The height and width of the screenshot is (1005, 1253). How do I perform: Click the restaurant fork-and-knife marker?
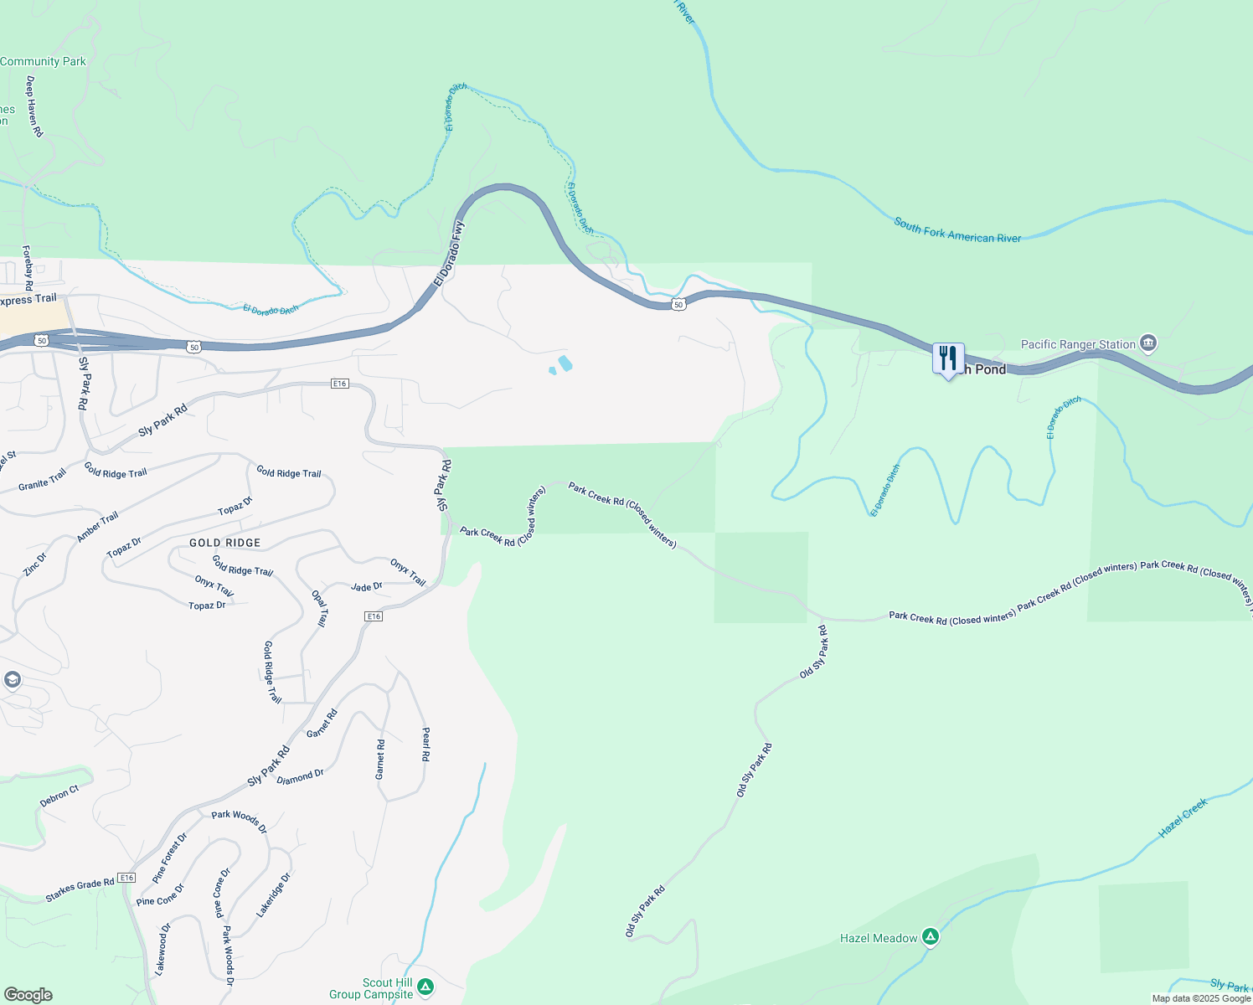[948, 359]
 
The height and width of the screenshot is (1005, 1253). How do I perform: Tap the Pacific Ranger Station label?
[1078, 344]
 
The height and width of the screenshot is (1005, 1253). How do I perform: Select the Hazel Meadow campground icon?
[930, 937]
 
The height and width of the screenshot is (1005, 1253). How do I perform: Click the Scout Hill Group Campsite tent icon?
[425, 987]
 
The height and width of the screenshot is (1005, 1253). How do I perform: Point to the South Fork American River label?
[957, 231]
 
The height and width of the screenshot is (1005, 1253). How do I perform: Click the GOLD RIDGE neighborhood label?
[224, 543]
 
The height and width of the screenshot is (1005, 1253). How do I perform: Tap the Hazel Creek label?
[1183, 818]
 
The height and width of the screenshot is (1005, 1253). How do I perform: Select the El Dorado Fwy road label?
[449, 254]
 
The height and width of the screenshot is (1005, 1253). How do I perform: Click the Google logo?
[28, 995]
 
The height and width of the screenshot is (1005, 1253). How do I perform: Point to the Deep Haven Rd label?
[34, 106]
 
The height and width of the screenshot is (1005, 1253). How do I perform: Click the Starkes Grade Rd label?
[80, 890]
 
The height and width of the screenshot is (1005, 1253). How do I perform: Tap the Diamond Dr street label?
[300, 777]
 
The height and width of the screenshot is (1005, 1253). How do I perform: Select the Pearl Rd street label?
[425, 744]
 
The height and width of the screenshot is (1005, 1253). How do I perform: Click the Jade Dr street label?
[366, 587]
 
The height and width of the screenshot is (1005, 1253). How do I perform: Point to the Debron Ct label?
[59, 796]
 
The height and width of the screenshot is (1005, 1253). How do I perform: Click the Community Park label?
[43, 61]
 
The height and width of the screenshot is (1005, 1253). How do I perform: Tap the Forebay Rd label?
[27, 267]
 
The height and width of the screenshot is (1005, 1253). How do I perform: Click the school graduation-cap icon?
[12, 679]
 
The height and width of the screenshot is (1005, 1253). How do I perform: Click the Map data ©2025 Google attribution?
[1201, 998]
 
